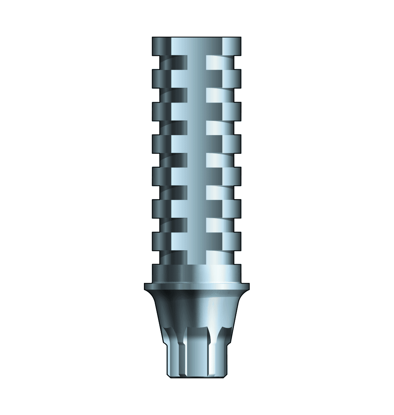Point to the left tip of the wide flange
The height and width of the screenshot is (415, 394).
tap(146, 286)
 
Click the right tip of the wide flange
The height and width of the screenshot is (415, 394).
tap(248, 286)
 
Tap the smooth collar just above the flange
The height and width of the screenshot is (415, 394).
tap(196, 273)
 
